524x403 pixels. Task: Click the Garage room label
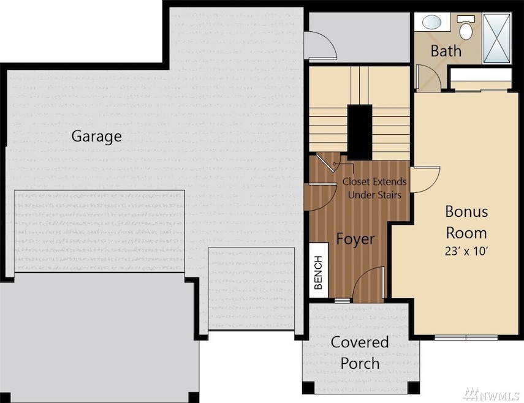(x=96, y=136)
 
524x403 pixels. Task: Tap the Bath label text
(x=446, y=50)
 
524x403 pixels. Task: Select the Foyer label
(x=355, y=239)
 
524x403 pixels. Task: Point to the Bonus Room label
(x=466, y=222)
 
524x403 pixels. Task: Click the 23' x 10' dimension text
(x=466, y=250)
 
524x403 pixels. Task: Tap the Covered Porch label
(x=360, y=352)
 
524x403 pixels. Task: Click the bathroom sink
(x=433, y=22)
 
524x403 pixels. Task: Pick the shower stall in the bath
(x=496, y=37)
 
